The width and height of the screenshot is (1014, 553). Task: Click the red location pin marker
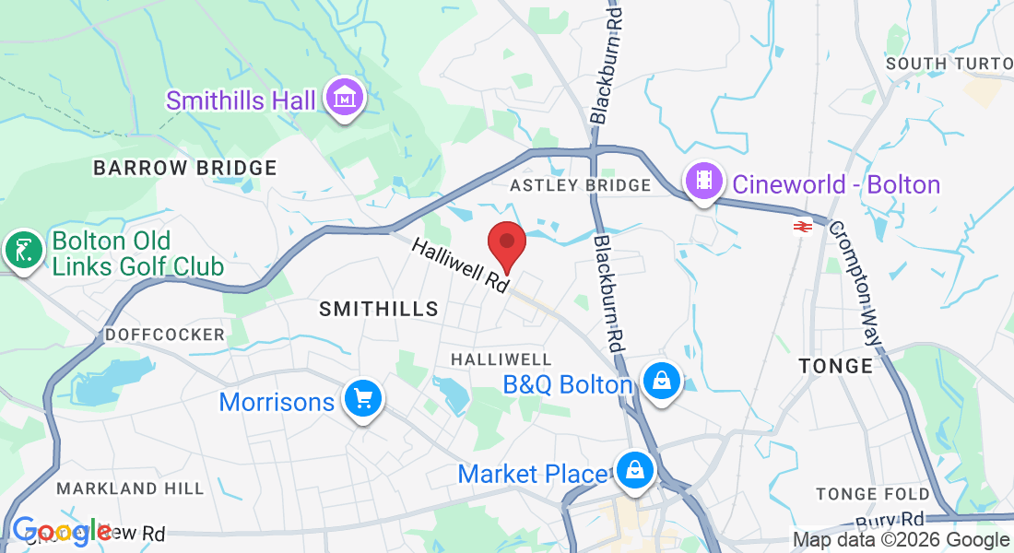click(506, 242)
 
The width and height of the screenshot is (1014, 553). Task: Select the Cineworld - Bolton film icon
click(704, 181)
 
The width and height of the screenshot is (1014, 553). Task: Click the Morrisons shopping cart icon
click(363, 398)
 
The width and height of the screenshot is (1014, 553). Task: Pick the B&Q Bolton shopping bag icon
click(661, 380)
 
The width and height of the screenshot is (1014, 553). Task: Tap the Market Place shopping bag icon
click(635, 470)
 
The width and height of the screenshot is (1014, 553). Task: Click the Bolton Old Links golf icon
click(23, 249)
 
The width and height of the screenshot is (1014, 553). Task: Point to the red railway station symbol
click(801, 226)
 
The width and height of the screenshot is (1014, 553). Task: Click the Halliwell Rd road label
click(460, 265)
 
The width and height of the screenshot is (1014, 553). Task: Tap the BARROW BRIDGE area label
click(185, 168)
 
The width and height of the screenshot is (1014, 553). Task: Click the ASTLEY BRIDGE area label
click(581, 185)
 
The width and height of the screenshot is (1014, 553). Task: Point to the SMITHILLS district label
click(379, 310)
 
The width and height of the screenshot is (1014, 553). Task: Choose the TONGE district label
click(836, 366)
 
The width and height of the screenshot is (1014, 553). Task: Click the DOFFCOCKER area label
click(165, 334)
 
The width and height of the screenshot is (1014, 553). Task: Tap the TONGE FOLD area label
click(873, 495)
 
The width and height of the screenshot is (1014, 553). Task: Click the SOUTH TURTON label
click(948, 64)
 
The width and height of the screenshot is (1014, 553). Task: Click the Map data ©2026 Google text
click(901, 540)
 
